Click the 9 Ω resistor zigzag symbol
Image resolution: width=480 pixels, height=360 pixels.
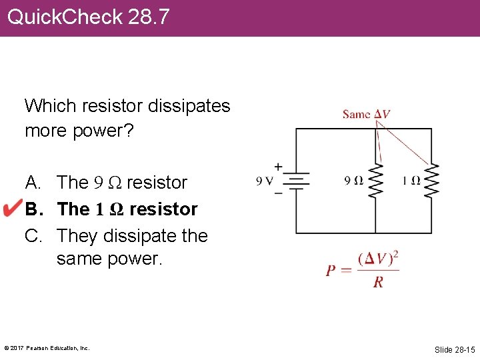coord(375,180)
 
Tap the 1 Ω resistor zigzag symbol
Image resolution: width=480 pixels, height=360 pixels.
coord(432,180)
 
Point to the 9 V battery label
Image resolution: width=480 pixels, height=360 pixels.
coord(266,181)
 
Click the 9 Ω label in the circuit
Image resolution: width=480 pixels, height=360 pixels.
coord(353,181)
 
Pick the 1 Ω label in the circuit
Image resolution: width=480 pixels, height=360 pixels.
coord(411,181)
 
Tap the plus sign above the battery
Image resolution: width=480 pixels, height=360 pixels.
coord(278,165)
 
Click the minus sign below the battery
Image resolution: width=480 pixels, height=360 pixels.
coord(278,193)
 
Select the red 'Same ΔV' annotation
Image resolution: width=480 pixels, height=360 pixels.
coord(366,114)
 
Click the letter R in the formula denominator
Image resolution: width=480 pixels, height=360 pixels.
coord(378,282)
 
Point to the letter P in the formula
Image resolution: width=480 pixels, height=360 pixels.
coord(331,271)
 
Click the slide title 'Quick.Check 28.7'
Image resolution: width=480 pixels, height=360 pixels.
coord(88,17)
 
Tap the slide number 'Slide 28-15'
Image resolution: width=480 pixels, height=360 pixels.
coord(454,349)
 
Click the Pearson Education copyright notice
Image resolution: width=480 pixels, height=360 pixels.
coord(47,348)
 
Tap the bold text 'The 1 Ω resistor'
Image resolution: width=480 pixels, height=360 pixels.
coord(127,209)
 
